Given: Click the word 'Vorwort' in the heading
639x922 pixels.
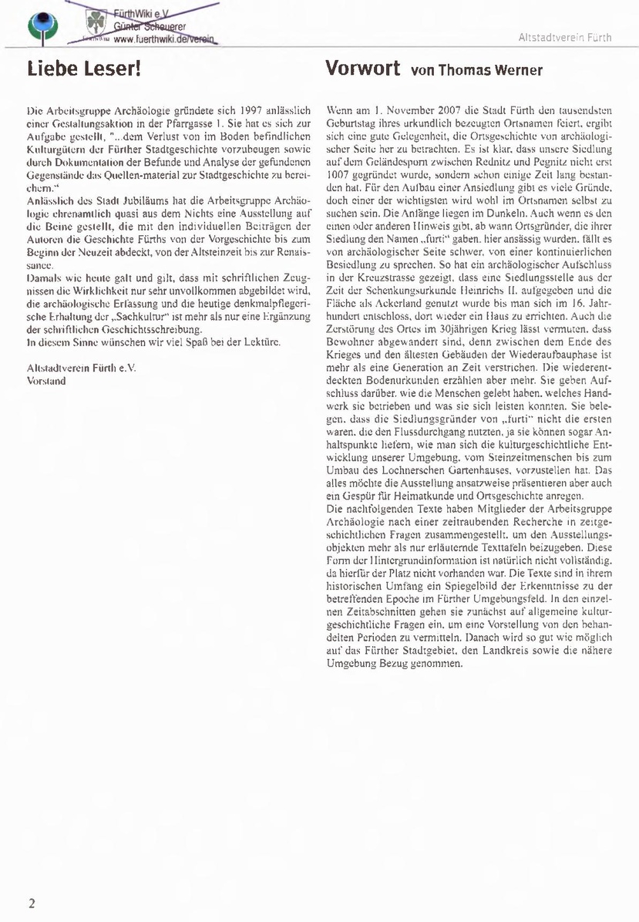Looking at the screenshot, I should tap(363, 69).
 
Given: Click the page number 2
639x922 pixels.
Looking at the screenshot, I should tap(32, 903).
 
